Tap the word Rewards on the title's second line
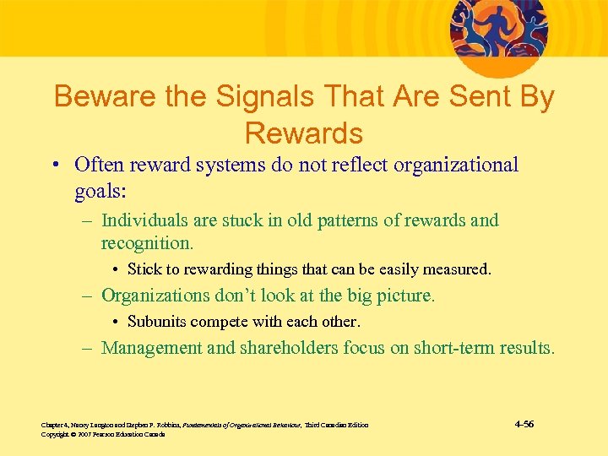304,133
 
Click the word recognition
147,243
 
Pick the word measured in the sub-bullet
457,270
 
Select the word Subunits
158,322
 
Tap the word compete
221,322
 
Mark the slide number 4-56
524,424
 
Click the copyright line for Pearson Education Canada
102,434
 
